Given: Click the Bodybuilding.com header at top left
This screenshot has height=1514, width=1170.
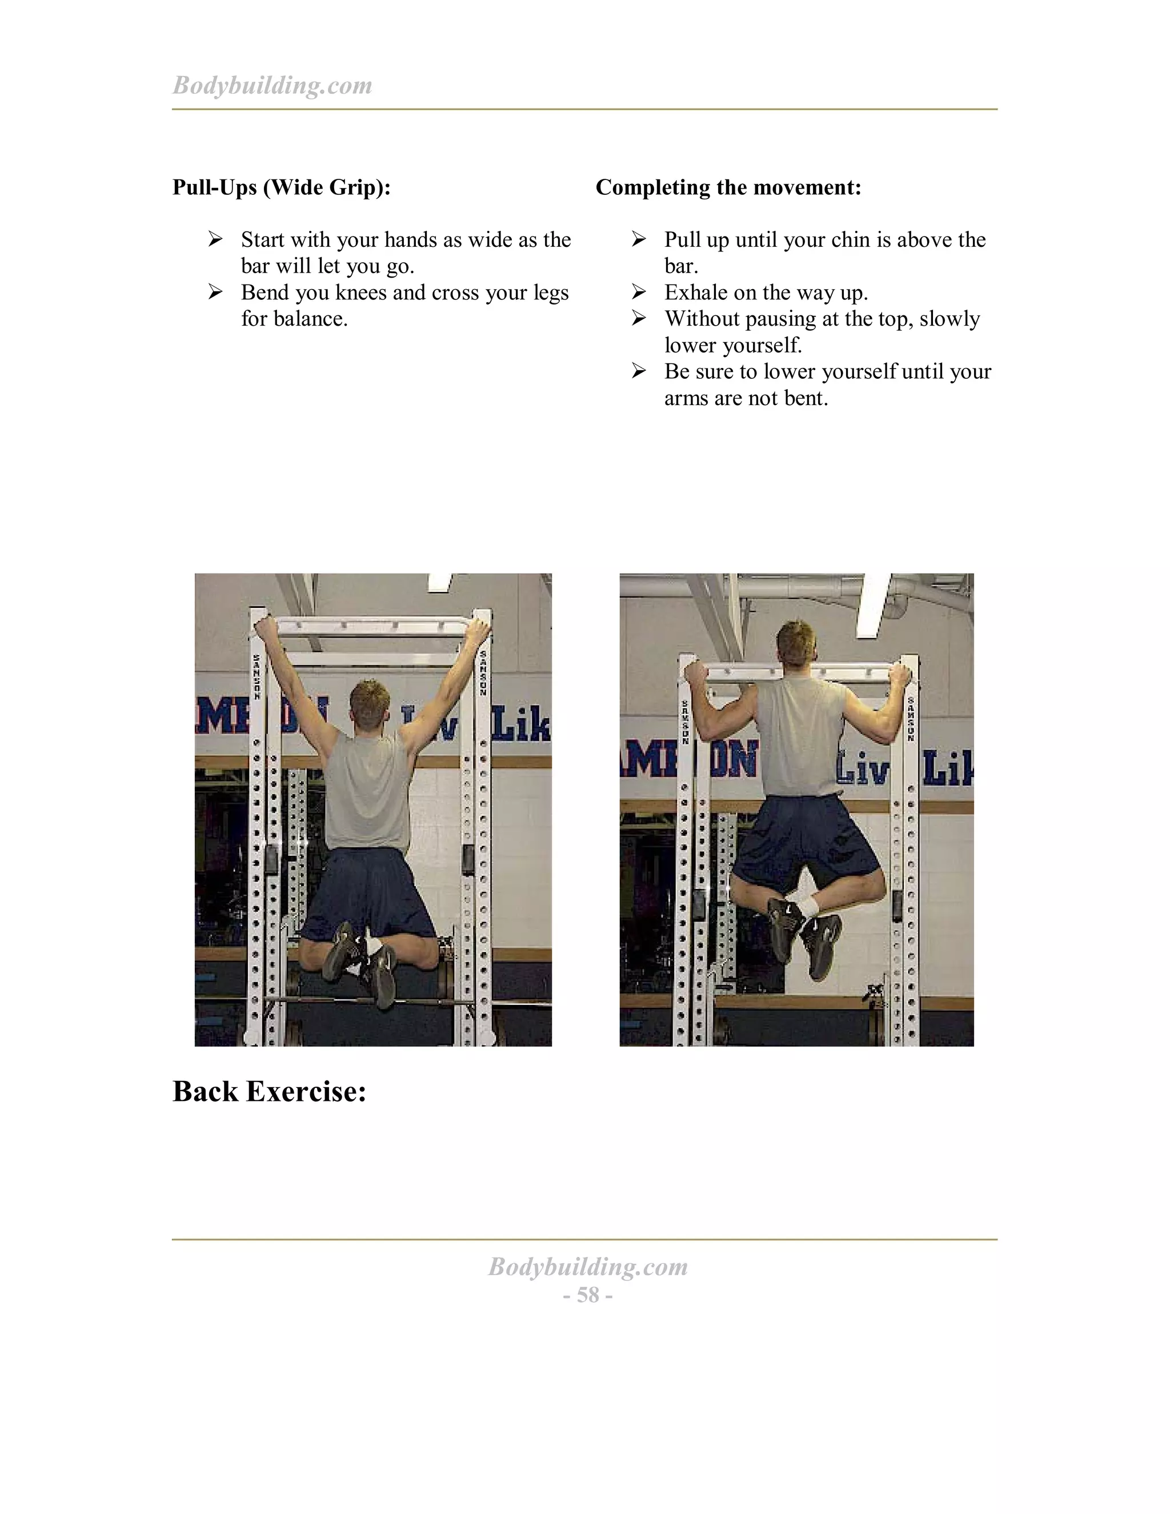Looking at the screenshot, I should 272,85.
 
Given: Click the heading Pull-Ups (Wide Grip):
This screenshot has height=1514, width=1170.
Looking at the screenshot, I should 282,187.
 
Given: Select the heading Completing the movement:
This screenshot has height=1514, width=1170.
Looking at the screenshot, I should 728,187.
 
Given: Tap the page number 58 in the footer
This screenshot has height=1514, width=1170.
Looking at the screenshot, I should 588,1295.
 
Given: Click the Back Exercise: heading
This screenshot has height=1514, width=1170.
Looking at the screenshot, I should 269,1091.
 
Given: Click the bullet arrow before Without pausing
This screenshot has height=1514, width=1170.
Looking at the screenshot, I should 638,318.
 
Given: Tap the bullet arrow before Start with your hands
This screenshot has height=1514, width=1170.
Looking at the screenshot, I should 215,239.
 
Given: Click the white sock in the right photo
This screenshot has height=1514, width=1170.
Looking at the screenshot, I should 809,906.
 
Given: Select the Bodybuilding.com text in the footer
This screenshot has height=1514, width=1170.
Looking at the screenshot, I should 588,1267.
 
